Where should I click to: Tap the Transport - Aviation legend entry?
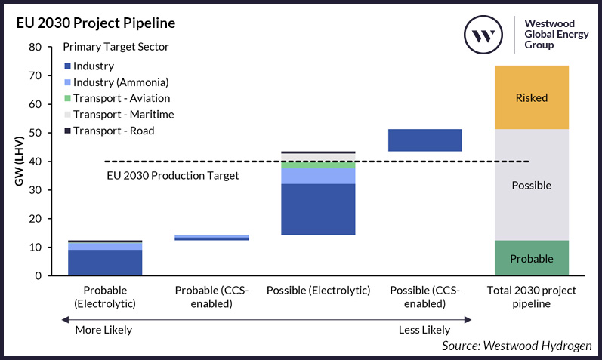[x=122, y=98]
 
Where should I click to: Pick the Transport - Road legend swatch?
[x=67, y=131]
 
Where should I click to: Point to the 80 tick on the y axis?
[x=35, y=47]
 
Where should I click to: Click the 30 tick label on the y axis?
[x=35, y=190]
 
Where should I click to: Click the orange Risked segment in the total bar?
[x=531, y=97]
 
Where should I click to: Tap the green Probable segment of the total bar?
[x=531, y=258]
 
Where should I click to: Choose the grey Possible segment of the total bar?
[x=531, y=185]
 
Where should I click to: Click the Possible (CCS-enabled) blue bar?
[x=424, y=140]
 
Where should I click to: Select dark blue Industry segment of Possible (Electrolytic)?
[x=318, y=209]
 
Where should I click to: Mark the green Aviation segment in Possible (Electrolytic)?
[x=318, y=165]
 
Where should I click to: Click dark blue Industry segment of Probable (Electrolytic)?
[x=106, y=263]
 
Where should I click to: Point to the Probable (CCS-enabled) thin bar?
[x=211, y=238]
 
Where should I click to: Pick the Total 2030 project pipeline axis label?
[x=531, y=297]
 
